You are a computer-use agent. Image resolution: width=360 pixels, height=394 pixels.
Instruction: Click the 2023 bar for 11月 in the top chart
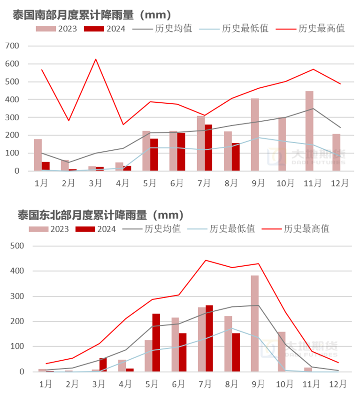pyautogui.click(x=309, y=131)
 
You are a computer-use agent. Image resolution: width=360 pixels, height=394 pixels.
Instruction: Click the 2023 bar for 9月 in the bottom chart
pyautogui.click(x=255, y=324)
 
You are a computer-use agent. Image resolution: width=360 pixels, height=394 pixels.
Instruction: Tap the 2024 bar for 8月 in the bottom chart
pyautogui.click(x=236, y=352)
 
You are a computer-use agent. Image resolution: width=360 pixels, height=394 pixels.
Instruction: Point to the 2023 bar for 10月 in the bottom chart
pyautogui.click(x=282, y=352)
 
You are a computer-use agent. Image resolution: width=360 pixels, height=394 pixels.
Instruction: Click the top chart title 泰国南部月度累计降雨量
pyautogui.click(x=92, y=15)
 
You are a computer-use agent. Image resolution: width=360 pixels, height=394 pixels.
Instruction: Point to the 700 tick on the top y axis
pyautogui.click(x=13, y=46)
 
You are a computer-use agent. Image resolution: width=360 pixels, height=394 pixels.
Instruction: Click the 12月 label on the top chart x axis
pyautogui.click(x=340, y=183)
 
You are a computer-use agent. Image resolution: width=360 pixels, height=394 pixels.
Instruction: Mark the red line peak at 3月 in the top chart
pyautogui.click(x=96, y=59)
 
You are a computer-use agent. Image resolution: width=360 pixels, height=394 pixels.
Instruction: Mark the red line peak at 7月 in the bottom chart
pyautogui.click(x=206, y=260)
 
